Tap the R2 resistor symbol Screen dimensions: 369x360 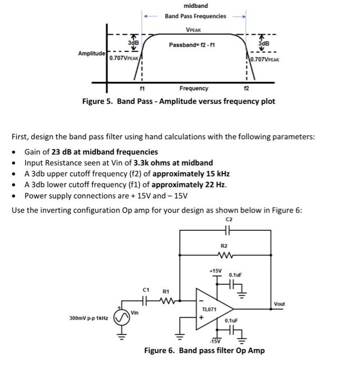(x=224, y=258)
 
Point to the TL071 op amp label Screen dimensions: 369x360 (x=209, y=309)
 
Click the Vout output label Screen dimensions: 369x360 (x=279, y=304)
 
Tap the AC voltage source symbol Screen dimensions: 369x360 (x=122, y=318)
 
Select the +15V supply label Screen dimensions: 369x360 (x=215, y=270)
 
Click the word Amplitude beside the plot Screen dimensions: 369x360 (x=92, y=54)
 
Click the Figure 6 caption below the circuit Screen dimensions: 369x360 (x=205, y=351)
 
